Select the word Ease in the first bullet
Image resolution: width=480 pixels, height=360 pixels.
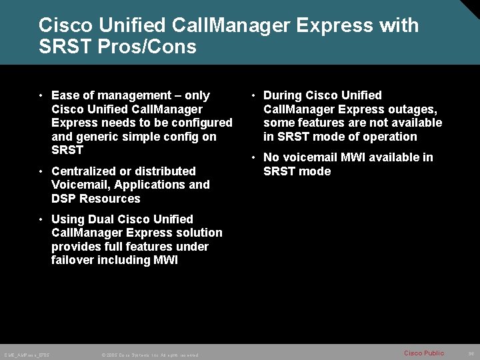(65, 95)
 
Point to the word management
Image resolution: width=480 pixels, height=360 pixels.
(130, 95)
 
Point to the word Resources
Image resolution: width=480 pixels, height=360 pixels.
(111, 199)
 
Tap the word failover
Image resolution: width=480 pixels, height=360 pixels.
(73, 260)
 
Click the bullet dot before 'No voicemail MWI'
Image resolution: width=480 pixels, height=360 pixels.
(254, 158)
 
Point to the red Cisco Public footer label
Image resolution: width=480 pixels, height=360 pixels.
(423, 353)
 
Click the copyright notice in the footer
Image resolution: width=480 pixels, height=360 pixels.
(150, 355)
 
